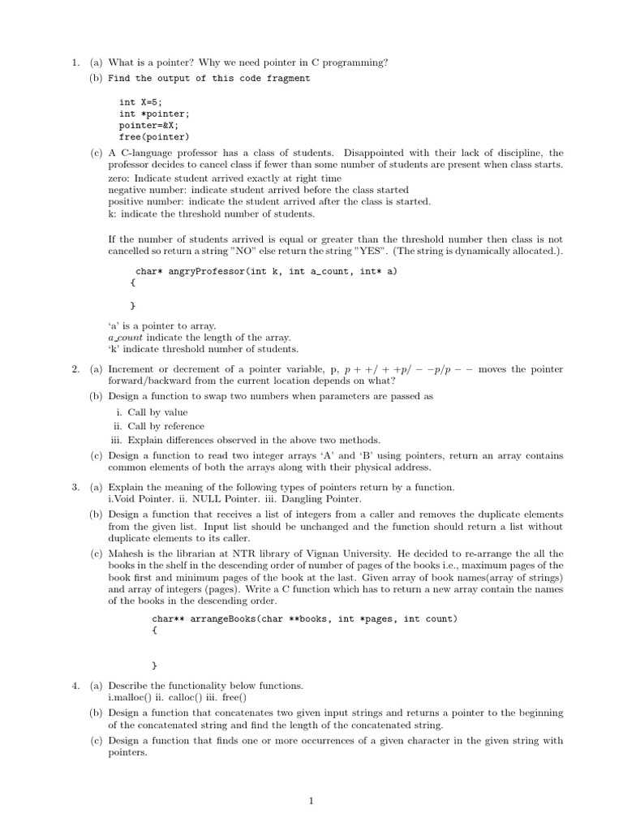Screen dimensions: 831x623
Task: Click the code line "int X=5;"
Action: click(140, 102)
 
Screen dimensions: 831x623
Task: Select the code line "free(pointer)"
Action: click(154, 137)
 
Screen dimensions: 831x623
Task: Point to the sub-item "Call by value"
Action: click(157, 412)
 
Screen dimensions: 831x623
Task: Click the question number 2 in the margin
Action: click(74, 369)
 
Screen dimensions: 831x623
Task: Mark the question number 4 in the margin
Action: click(74, 686)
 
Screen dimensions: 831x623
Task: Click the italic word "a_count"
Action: click(125, 338)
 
